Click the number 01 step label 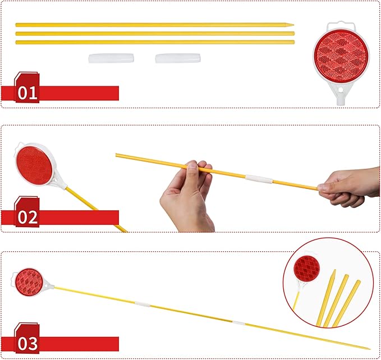[x=27, y=93]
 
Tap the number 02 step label [x=27, y=217]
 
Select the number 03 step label [x=27, y=344]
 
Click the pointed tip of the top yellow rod [x=293, y=25]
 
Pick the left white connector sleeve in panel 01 [x=111, y=58]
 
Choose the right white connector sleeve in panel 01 [x=178, y=58]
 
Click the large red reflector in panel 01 [x=341, y=56]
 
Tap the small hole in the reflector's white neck [x=341, y=90]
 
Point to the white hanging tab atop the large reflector [x=341, y=26]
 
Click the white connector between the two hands [x=259, y=179]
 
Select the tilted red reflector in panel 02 [x=34, y=165]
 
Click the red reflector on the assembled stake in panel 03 [x=29, y=282]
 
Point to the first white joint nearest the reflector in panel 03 [x=143, y=304]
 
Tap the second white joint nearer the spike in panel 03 [x=238, y=323]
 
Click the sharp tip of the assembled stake [x=370, y=349]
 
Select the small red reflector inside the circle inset [x=306, y=269]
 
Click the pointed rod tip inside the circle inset [x=335, y=270]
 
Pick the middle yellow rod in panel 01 [x=155, y=34]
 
